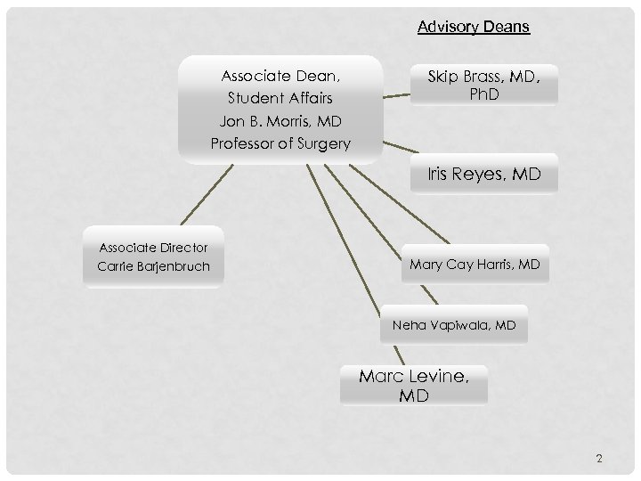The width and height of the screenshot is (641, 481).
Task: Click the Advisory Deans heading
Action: tap(474, 27)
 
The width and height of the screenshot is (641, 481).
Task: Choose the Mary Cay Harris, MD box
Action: tap(475, 265)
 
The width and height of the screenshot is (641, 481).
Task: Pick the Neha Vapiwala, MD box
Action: tap(453, 326)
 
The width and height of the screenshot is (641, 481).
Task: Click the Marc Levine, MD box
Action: tap(414, 386)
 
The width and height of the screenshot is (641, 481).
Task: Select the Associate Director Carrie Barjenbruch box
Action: tap(153, 257)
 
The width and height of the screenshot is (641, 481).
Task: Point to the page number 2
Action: tap(599, 459)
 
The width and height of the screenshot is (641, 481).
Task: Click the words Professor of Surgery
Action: tap(280, 143)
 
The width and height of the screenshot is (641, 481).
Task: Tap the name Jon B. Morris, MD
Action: tap(280, 120)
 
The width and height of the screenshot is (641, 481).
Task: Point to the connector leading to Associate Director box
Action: tap(207, 193)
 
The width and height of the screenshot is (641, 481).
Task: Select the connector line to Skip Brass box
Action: tap(397, 92)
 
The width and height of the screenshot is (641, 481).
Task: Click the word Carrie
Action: tap(113, 266)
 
